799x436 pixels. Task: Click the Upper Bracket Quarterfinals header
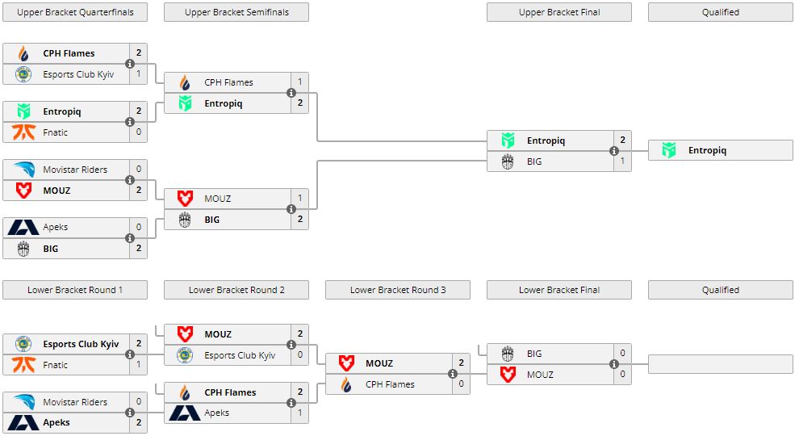tap(75, 12)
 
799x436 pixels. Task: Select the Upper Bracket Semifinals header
tap(236, 12)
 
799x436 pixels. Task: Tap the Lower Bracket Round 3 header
tap(398, 290)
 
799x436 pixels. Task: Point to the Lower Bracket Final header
tap(559, 290)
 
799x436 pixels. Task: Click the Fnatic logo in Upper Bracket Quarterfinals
tap(23, 132)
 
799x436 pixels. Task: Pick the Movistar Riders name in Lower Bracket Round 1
tap(75, 402)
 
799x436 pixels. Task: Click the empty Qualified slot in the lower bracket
tap(721, 363)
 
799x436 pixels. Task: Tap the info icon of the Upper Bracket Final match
tap(614, 151)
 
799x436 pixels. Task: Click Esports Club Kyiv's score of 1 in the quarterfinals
tap(138, 74)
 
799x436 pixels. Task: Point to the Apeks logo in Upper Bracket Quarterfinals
tap(23, 228)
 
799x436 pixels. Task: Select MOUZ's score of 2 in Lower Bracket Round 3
tap(461, 363)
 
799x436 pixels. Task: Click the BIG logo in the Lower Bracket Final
tap(508, 354)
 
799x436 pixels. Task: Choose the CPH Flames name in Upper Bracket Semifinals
tap(228, 82)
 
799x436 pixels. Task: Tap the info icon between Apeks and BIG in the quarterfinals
tap(130, 238)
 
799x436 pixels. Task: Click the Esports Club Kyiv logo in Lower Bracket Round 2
tap(185, 355)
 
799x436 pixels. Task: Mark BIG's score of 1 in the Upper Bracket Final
tap(622, 161)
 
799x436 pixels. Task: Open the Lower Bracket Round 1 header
tap(75, 290)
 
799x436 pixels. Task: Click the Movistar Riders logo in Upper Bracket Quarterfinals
tap(23, 170)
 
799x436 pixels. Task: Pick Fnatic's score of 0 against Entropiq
tap(138, 132)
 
